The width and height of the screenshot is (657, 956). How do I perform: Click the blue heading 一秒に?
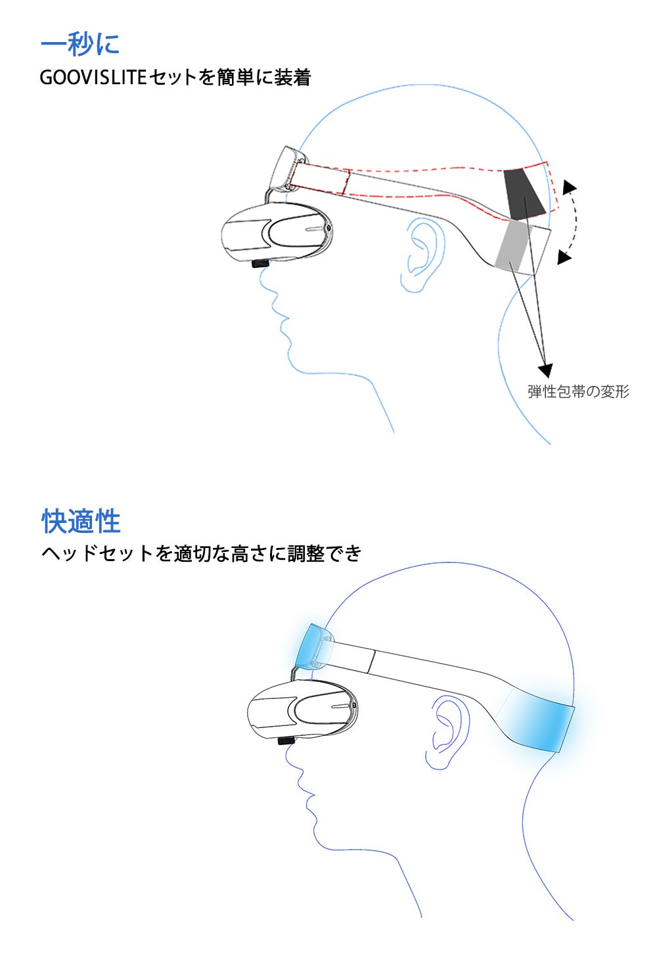coord(80,44)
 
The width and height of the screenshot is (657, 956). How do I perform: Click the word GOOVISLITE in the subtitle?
coord(93,78)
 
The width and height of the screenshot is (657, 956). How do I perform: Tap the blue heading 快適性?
coord(81,521)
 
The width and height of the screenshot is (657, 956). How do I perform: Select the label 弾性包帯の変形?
coord(579,392)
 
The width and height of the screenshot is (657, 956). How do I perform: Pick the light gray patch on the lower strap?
coord(512,246)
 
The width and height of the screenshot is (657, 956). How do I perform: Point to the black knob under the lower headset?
coord(286,740)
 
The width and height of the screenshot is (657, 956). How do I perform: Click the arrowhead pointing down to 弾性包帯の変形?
coord(545,370)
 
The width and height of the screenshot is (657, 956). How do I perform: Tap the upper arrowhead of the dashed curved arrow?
coord(569,187)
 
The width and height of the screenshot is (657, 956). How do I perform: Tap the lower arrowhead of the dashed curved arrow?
coord(564,258)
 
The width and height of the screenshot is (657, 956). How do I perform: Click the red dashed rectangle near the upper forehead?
coord(320,179)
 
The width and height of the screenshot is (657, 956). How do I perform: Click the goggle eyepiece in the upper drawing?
coord(277,233)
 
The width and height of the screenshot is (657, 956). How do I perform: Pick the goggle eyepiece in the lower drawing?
coord(302,710)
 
